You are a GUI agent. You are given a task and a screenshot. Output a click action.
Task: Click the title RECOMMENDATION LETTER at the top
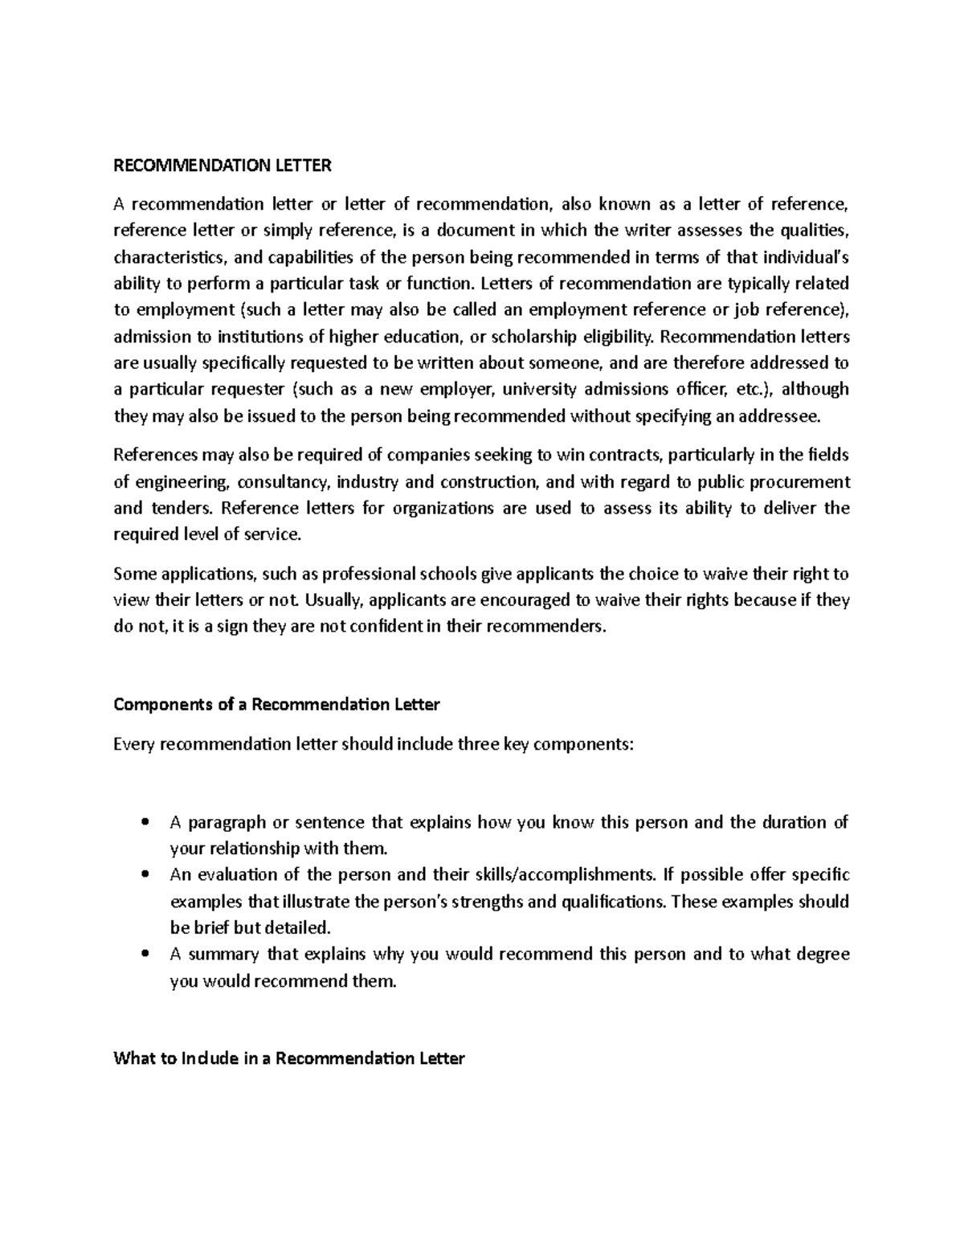tap(223, 166)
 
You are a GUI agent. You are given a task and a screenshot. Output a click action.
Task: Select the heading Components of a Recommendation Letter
tap(276, 705)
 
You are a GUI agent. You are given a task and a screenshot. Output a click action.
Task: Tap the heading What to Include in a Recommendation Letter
tap(289, 1058)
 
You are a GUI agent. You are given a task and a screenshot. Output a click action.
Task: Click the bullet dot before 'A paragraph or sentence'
tap(145, 823)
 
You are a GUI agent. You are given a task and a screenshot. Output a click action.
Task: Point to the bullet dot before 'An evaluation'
tap(145, 875)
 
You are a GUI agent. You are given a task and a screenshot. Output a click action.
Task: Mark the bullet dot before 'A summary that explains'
tap(145, 955)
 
